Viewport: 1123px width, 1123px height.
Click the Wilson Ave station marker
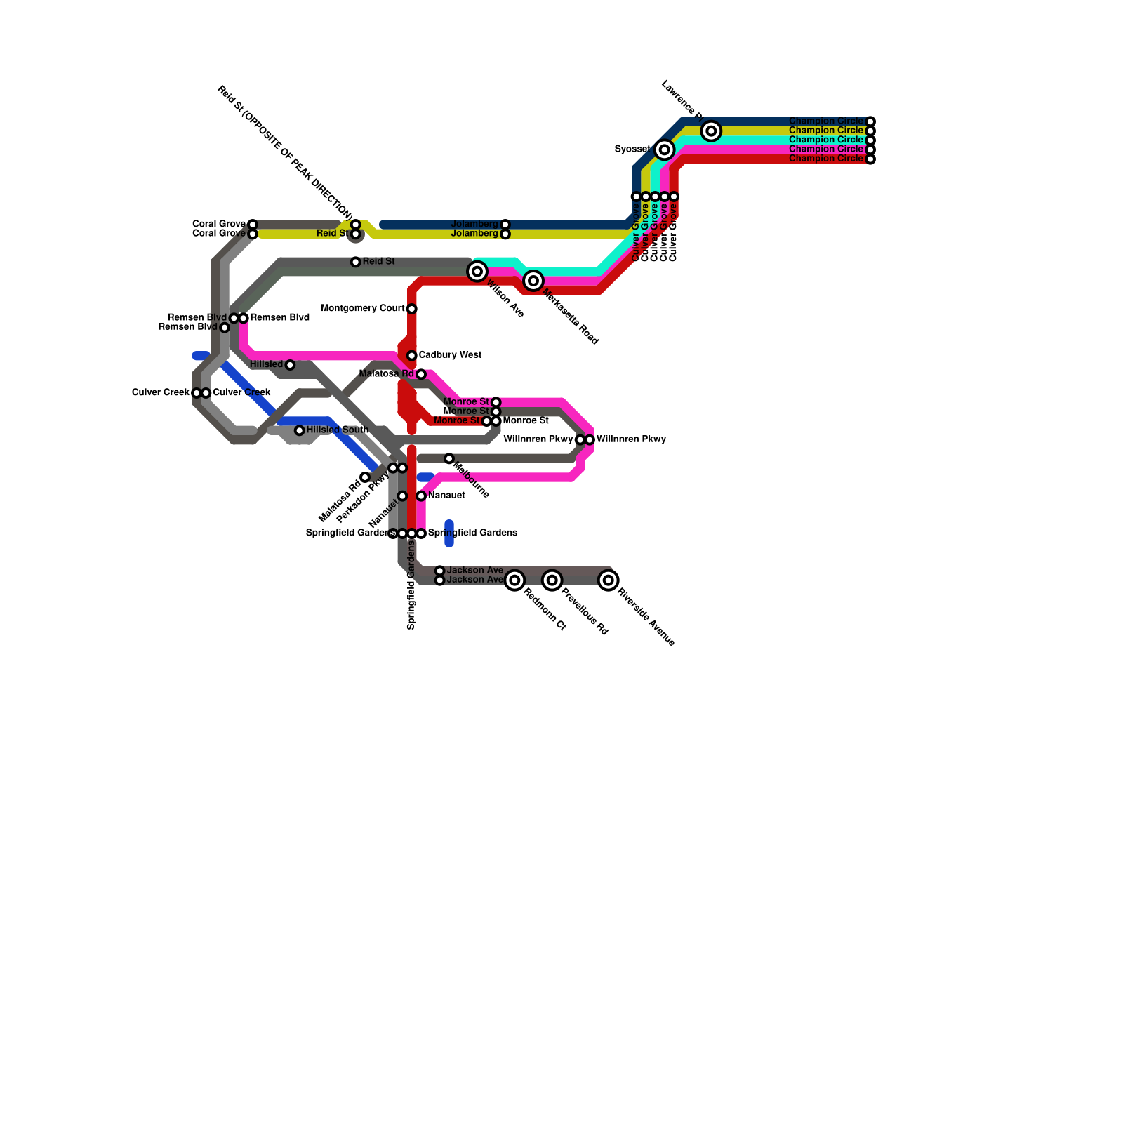pyautogui.click(x=477, y=271)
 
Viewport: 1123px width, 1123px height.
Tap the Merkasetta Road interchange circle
pyautogui.click(x=533, y=281)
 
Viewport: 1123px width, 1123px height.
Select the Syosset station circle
pyautogui.click(x=665, y=149)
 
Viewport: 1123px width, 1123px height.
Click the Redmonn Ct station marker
pyautogui.click(x=514, y=580)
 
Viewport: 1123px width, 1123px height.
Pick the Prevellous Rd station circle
pyautogui.click(x=552, y=580)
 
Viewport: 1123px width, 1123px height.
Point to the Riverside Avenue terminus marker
pyautogui.click(x=609, y=580)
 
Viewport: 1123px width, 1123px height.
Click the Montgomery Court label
pyautogui.click(x=362, y=309)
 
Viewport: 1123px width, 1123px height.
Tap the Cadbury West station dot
pyautogui.click(x=412, y=356)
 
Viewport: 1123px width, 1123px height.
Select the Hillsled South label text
pyautogui.click(x=337, y=430)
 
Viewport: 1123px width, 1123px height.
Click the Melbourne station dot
pyautogui.click(x=449, y=458)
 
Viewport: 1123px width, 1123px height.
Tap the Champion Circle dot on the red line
pyautogui.click(x=870, y=159)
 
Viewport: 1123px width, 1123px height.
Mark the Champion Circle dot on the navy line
pyautogui.click(x=870, y=121)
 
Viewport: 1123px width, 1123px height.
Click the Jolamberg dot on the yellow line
pyautogui.click(x=505, y=234)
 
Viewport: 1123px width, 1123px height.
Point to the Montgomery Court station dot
pyautogui.click(x=412, y=309)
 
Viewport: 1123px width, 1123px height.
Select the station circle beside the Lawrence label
pyautogui.click(x=711, y=131)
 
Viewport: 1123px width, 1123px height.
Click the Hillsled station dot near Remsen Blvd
pyautogui.click(x=290, y=365)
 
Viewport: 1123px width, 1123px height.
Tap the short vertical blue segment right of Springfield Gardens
pyautogui.click(x=449, y=533)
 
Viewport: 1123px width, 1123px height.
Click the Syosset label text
pyautogui.click(x=632, y=149)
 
